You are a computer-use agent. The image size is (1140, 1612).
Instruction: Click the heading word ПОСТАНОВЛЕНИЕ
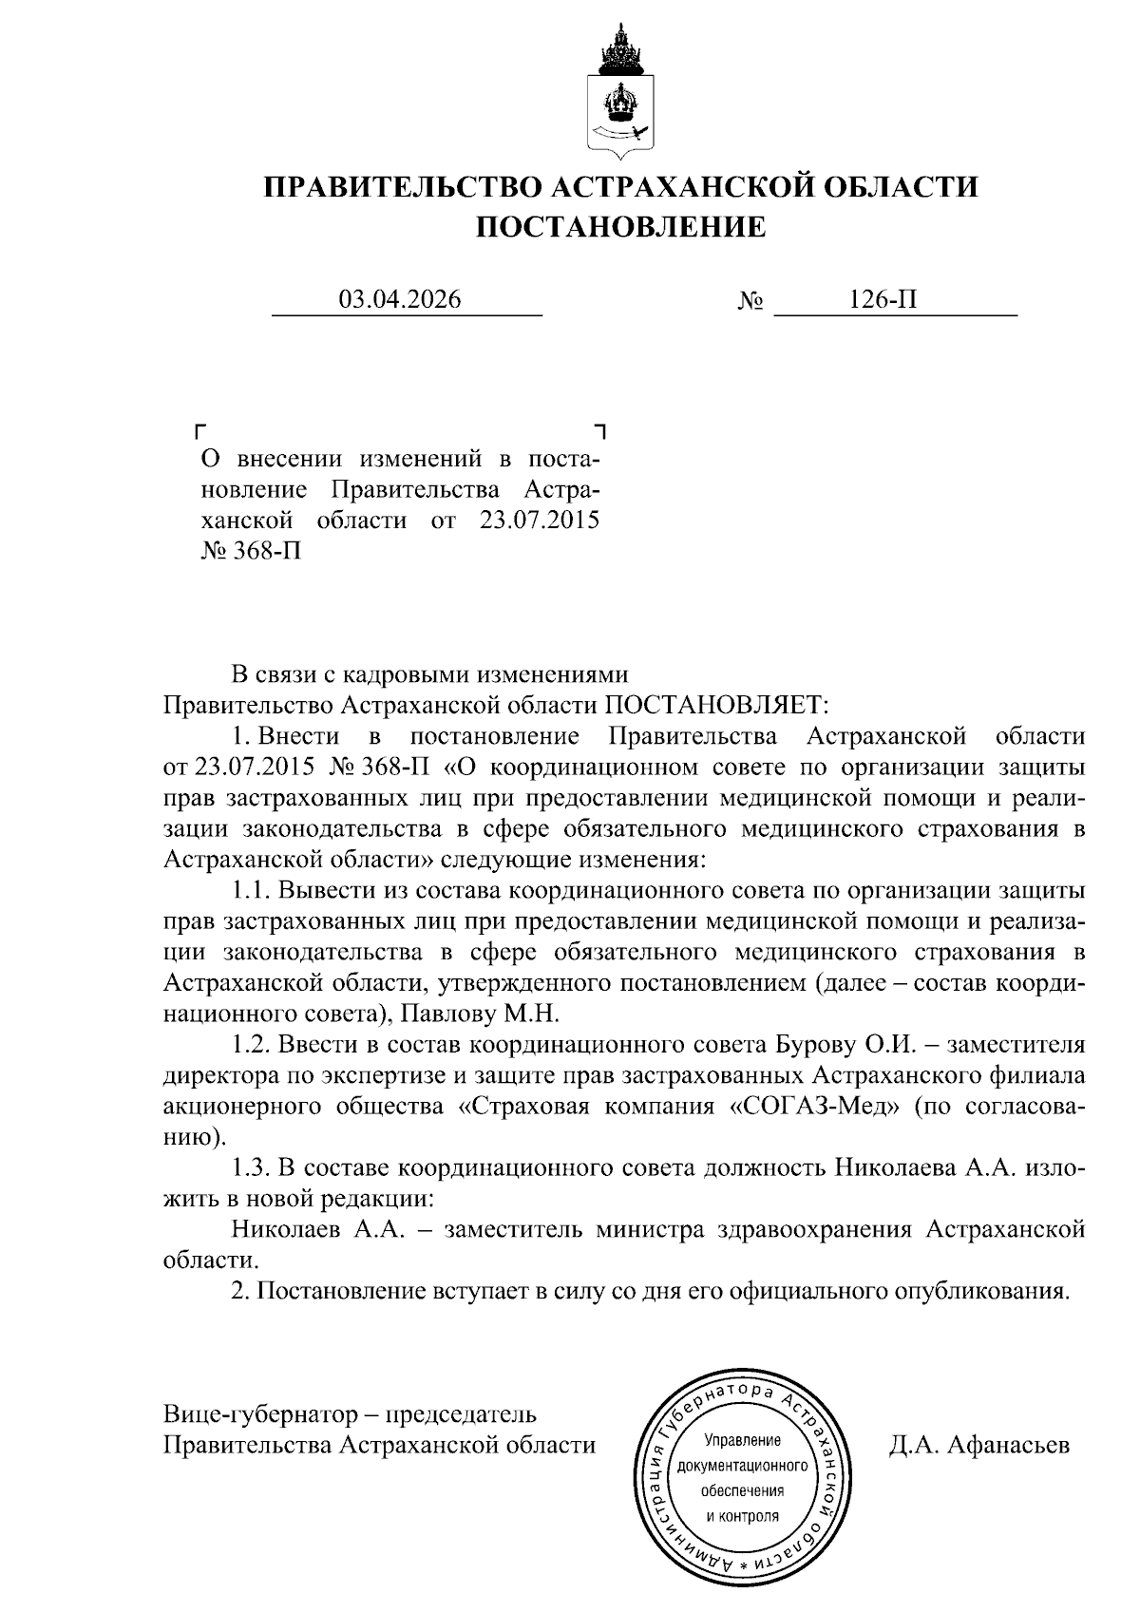click(619, 227)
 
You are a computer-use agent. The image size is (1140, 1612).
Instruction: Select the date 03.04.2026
click(401, 300)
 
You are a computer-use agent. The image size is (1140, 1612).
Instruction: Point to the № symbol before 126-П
click(751, 302)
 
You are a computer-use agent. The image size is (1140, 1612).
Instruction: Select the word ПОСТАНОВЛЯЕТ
click(717, 705)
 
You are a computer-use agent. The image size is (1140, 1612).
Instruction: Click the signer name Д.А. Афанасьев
click(978, 1445)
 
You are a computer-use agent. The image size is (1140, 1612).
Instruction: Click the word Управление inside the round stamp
click(742, 1440)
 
